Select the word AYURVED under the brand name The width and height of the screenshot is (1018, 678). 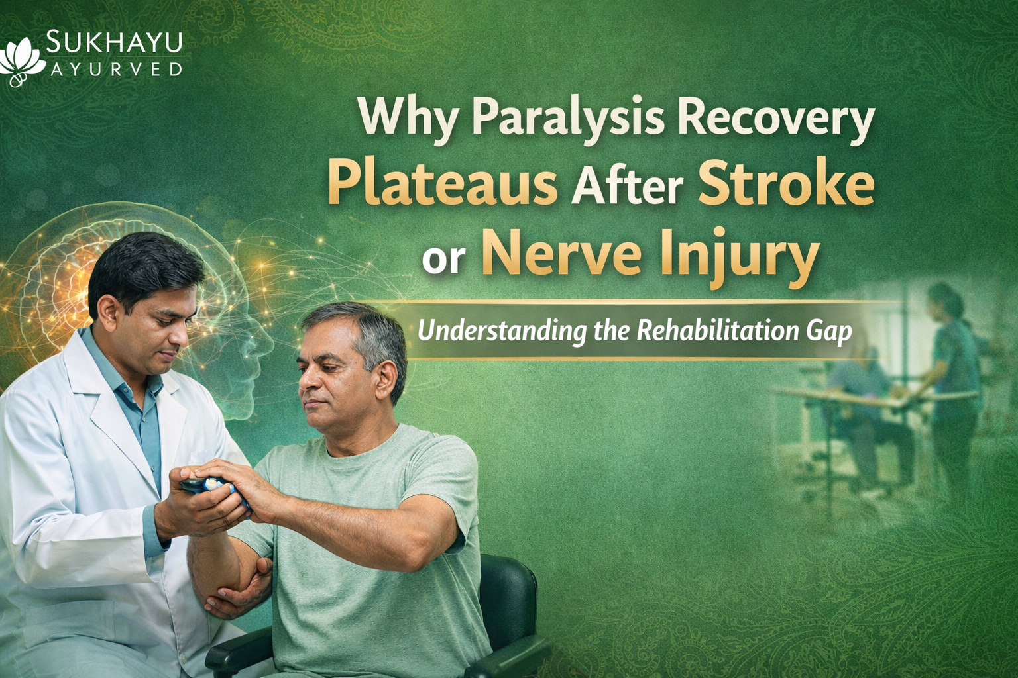(115, 69)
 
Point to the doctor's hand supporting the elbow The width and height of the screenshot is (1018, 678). (232, 583)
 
